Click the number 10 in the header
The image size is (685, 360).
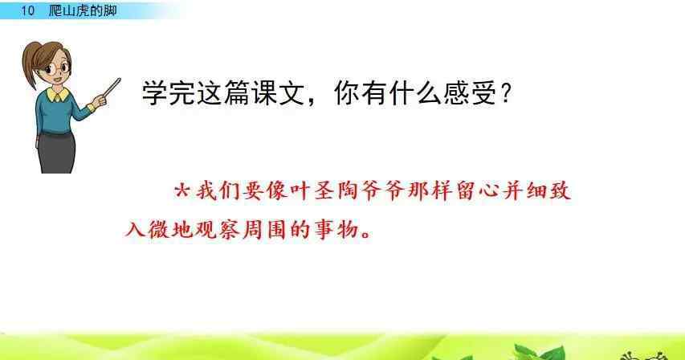click(27, 10)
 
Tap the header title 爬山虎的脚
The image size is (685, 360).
click(83, 10)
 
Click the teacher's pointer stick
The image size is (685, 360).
click(111, 88)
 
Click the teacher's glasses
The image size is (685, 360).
click(57, 68)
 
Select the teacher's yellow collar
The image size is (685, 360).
click(58, 94)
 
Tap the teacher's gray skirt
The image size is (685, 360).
click(56, 153)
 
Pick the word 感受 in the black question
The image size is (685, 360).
click(470, 92)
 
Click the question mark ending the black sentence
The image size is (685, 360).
click(506, 93)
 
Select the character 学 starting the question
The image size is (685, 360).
click(155, 92)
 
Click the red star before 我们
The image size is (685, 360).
click(182, 190)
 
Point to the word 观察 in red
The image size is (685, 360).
click(218, 229)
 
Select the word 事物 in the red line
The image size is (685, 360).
click(336, 229)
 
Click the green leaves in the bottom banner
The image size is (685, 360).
click(540, 352)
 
